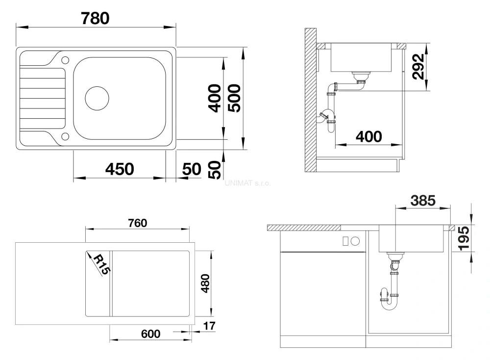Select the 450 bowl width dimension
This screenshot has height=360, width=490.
120,169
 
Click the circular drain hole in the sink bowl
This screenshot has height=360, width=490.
97,98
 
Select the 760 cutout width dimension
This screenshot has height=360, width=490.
137,223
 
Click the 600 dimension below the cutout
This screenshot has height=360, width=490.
150,334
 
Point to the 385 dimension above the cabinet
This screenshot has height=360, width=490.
423,200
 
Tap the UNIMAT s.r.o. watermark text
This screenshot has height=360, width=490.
247,183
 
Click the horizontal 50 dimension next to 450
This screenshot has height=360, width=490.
192,169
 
